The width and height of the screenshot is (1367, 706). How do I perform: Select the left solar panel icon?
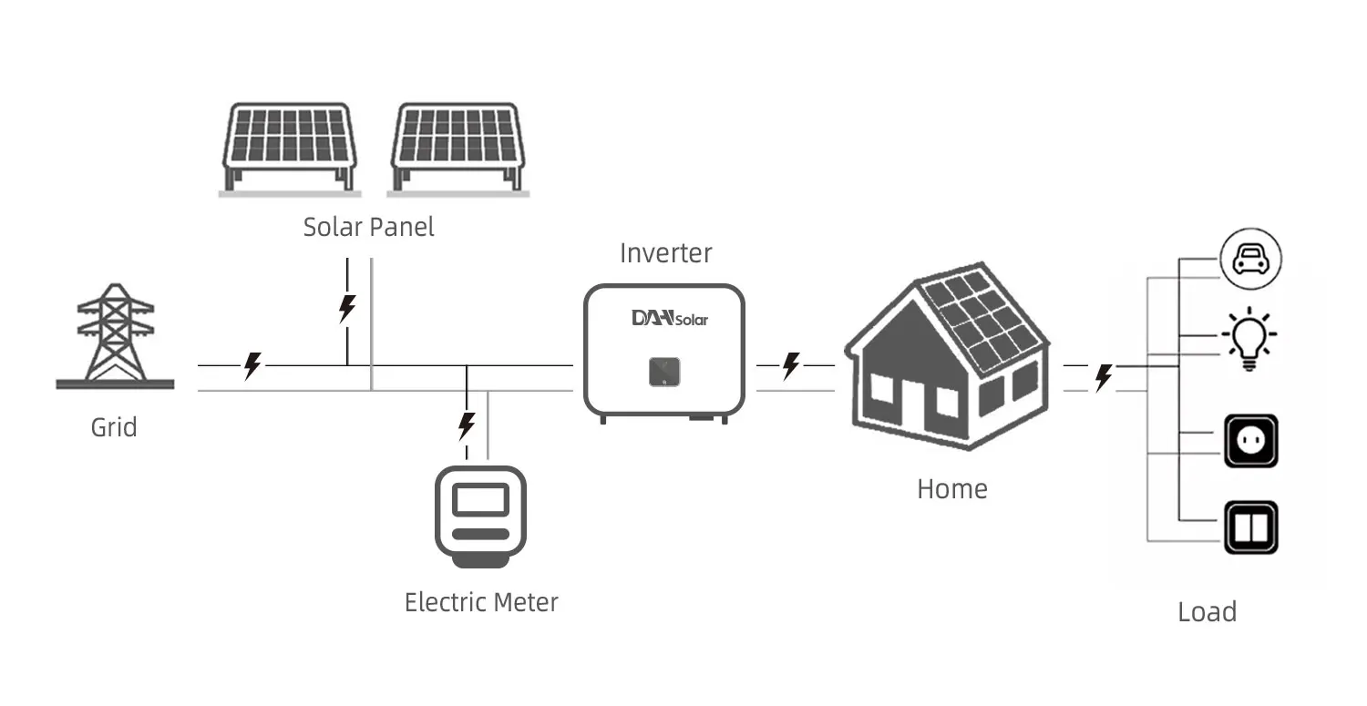tap(289, 147)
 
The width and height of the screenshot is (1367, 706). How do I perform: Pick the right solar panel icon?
tap(458, 147)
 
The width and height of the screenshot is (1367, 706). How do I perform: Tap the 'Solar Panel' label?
tap(369, 227)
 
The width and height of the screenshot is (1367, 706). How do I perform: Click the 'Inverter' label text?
tap(665, 253)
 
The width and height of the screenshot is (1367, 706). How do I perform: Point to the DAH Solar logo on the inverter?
tap(669, 318)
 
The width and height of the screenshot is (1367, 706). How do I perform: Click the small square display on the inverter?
tap(664, 371)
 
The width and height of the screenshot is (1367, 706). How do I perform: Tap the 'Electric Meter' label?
tap(481, 602)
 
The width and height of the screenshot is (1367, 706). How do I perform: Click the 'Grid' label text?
tap(114, 427)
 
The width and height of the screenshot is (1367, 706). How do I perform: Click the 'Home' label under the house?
tap(951, 489)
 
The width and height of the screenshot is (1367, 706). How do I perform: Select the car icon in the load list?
tap(1250, 260)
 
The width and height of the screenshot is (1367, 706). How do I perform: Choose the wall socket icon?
tap(1250, 441)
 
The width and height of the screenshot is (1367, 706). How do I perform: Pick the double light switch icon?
tap(1250, 527)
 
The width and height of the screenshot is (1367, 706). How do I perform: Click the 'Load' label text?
tap(1207, 611)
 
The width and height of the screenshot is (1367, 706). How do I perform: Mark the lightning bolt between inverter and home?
tap(791, 366)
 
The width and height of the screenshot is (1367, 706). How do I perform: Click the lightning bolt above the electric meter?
tap(467, 425)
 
